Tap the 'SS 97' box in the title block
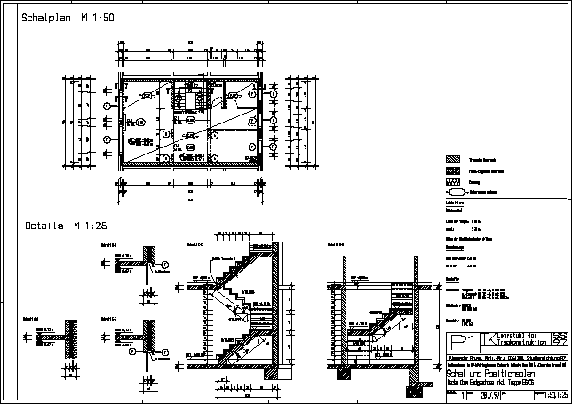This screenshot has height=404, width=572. (559, 340)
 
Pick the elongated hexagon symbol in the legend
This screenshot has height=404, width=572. (456, 191)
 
